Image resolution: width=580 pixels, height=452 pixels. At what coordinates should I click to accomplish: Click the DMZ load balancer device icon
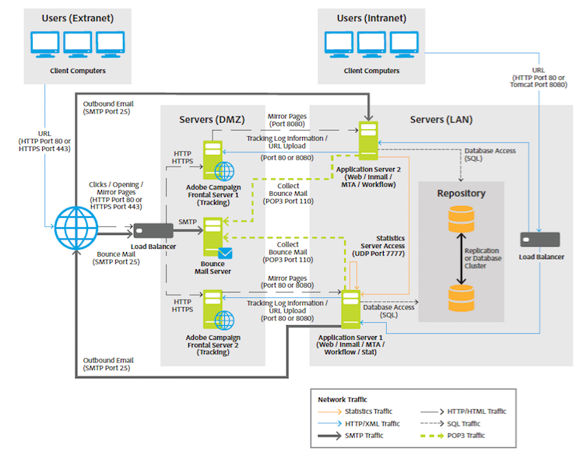coord(153,230)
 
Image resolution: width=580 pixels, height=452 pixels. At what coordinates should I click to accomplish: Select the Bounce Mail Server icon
coord(213,237)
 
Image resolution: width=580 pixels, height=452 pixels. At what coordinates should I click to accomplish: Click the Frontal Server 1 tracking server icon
coord(213,161)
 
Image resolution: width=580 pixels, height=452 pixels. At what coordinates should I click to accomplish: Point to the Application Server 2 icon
coord(368,138)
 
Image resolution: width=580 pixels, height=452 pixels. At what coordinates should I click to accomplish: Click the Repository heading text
coord(461,192)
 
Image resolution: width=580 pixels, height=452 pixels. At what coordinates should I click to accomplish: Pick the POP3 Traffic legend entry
coord(466,435)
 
